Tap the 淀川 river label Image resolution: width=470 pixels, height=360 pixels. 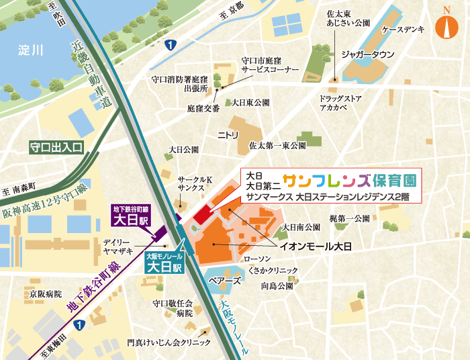pyautogui.click(x=30, y=50)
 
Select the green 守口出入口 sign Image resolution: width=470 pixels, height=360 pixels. pyautogui.click(x=56, y=146)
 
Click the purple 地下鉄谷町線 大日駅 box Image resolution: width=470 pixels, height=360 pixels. pyautogui.click(x=134, y=216)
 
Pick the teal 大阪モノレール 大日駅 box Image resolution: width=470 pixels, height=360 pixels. pyautogui.click(x=164, y=263)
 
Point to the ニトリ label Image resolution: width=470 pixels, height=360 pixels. pyautogui.click(x=228, y=135)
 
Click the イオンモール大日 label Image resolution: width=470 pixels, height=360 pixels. pyautogui.click(x=316, y=247)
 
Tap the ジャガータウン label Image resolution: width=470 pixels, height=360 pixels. pyautogui.click(x=367, y=54)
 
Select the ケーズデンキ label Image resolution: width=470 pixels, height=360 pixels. pyautogui.click(x=403, y=31)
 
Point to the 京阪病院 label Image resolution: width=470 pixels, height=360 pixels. pyautogui.click(x=44, y=294)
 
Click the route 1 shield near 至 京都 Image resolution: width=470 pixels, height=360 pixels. pyautogui.click(x=172, y=45)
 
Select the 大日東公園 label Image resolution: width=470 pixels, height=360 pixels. pyautogui.click(x=250, y=103)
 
